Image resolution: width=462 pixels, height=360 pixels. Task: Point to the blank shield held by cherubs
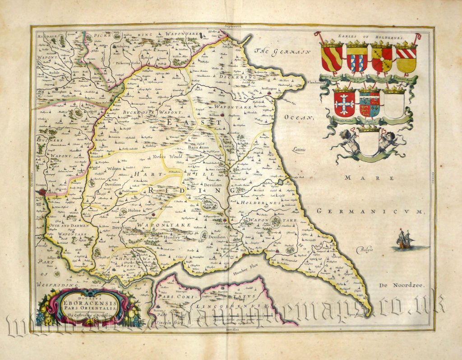pyautogui.click(x=369, y=143)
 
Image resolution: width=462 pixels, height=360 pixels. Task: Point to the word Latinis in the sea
pyautogui.click(x=298, y=148)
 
